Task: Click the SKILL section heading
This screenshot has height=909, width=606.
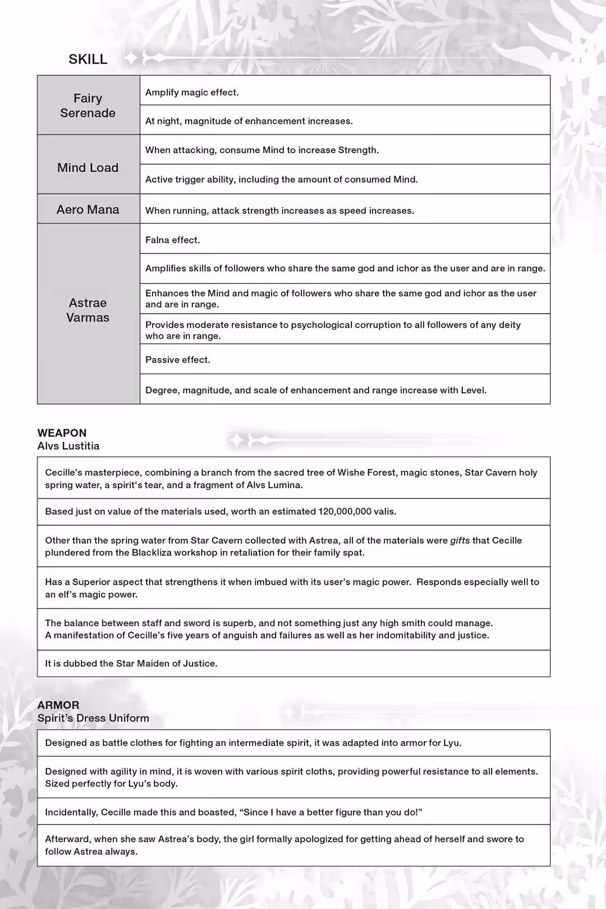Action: [88, 59]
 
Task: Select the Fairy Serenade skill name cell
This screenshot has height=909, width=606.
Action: [88, 105]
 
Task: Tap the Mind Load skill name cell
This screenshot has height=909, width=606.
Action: [88, 168]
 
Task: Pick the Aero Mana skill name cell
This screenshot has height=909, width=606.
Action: [88, 209]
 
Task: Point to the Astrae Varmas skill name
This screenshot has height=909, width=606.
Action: [88, 310]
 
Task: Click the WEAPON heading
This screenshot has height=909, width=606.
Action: [62, 433]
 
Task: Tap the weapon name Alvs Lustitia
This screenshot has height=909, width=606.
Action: [68, 446]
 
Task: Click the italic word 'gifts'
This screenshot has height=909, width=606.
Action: [460, 540]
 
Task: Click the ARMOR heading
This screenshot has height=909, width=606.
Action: [58, 705]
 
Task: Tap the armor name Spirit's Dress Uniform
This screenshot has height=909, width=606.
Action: [93, 718]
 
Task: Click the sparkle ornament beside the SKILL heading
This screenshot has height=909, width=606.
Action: [132, 58]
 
